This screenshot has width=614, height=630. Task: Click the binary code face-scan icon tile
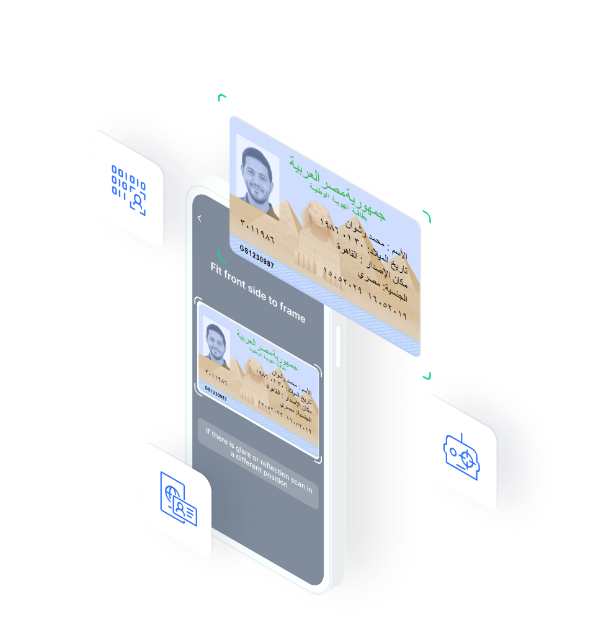pos(128,189)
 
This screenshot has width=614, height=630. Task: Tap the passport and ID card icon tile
pos(177,499)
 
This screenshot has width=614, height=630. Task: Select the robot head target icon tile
pos(461,453)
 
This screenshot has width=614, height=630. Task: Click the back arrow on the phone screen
pos(200,218)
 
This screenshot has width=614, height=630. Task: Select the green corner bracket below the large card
pos(427,376)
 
